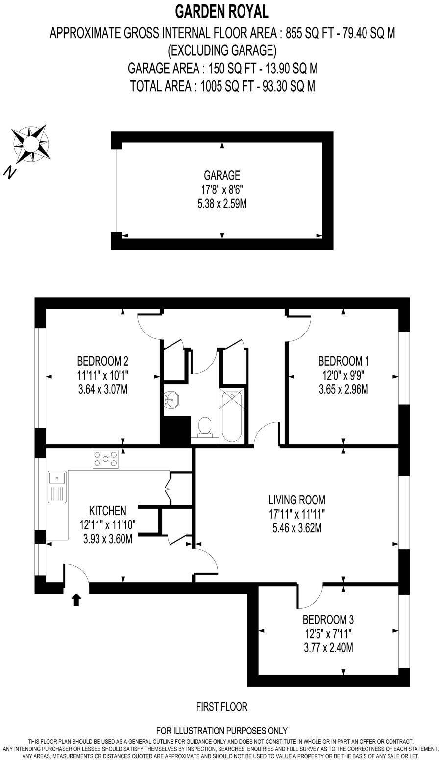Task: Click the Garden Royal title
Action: tap(222, 12)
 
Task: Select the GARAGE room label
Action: tap(222, 175)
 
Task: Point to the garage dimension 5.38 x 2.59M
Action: tap(222, 204)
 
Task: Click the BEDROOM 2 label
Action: tap(102, 361)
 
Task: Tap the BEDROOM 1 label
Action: tap(343, 361)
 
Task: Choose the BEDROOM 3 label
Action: tap(328, 620)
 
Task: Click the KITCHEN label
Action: tap(107, 511)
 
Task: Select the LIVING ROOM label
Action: tap(297, 500)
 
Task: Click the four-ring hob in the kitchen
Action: tap(105, 459)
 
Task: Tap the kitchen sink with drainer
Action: tap(57, 487)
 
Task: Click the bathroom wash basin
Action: tap(171, 399)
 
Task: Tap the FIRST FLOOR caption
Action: tap(222, 707)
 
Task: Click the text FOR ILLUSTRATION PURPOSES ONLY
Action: tap(222, 730)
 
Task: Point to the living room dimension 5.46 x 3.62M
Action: tap(297, 528)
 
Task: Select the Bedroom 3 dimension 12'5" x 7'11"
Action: tap(328, 634)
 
